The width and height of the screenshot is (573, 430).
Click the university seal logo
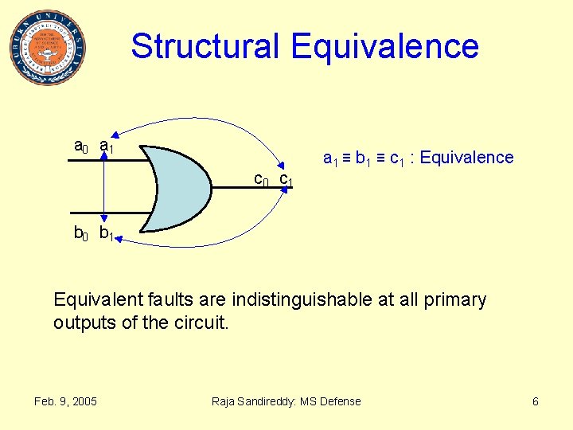(x=48, y=48)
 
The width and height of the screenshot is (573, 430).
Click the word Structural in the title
(x=205, y=46)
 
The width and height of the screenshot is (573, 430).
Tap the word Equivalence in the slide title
(x=385, y=46)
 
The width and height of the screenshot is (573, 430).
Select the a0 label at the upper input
(x=80, y=146)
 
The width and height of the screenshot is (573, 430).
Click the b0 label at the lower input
(x=80, y=233)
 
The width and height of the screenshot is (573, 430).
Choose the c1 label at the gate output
(x=286, y=180)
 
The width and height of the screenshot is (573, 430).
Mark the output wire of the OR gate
(x=239, y=190)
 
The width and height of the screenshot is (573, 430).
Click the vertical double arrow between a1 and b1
(x=105, y=190)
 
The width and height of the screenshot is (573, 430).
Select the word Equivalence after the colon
(x=466, y=158)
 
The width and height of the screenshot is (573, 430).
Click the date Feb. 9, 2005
(x=65, y=401)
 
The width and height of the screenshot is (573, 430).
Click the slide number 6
(x=536, y=401)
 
